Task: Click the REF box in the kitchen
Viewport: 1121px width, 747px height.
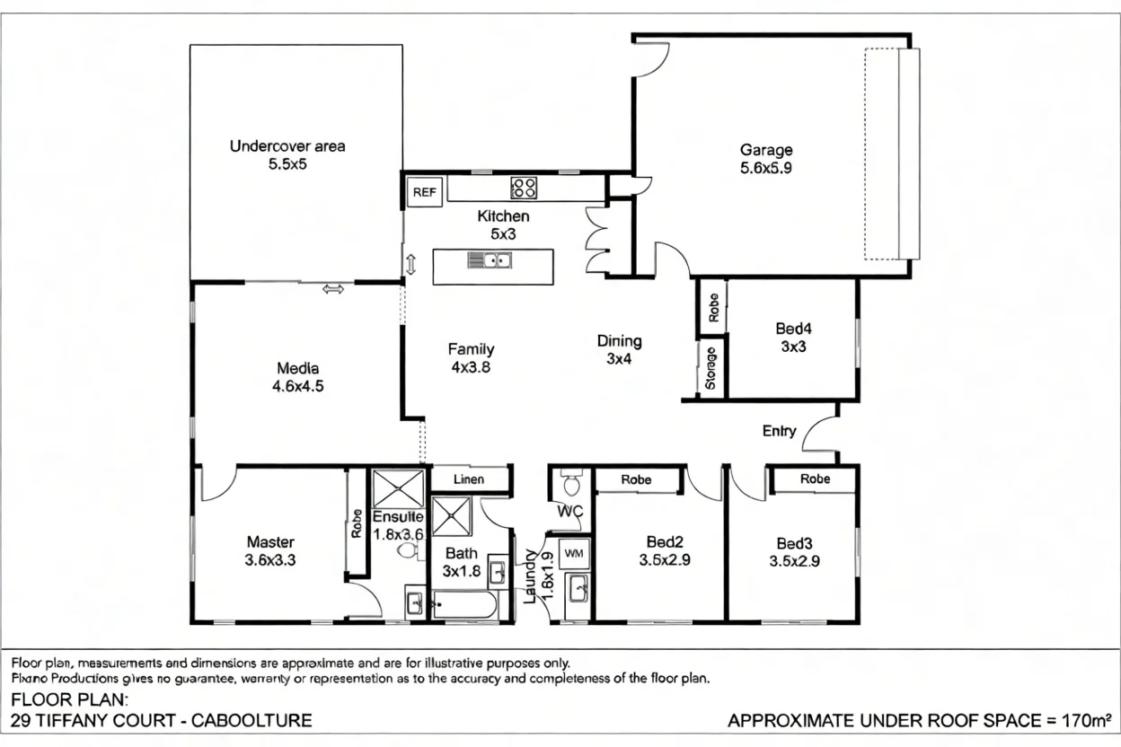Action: coord(424,192)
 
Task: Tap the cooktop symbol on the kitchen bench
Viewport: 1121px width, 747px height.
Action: coord(524,188)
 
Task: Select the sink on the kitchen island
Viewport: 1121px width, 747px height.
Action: coord(490,261)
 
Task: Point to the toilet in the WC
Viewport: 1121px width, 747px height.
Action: coord(570,486)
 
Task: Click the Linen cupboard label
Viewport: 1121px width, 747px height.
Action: coord(469,479)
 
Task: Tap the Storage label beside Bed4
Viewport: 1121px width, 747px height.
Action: coord(711,369)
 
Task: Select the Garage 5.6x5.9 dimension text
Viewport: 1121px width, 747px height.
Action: coord(766,167)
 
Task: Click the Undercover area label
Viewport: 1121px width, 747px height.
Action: coord(287,146)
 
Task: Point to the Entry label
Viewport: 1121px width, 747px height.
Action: coord(779,431)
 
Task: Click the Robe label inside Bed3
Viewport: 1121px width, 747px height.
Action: coord(815,479)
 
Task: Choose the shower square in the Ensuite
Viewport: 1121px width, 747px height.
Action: coord(398,488)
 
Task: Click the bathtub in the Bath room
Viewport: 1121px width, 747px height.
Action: coord(463,605)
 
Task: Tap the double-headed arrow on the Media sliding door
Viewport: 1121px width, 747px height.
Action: coord(333,288)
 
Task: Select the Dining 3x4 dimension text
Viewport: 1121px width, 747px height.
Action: coord(620,358)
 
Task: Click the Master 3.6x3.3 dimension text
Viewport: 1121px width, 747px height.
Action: coord(270,559)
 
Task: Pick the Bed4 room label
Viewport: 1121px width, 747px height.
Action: coord(793,330)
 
